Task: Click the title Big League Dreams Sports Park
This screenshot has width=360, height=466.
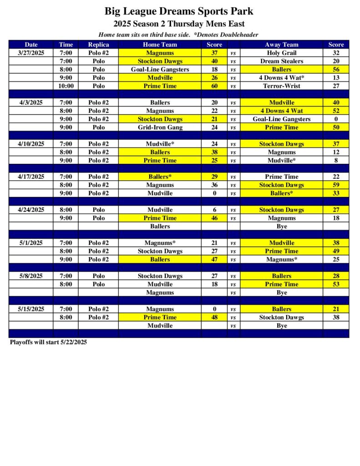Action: pyautogui.click(x=179, y=11)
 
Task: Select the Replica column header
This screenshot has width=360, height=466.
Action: pyautogui.click(x=98, y=45)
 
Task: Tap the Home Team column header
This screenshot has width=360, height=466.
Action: pyautogui.click(x=160, y=45)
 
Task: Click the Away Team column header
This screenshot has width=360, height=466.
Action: pyautogui.click(x=281, y=45)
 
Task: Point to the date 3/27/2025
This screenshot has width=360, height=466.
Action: pyautogui.click(x=31, y=53)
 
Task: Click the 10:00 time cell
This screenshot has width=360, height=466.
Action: pyautogui.click(x=66, y=86)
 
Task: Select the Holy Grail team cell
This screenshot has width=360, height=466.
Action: pyautogui.click(x=281, y=53)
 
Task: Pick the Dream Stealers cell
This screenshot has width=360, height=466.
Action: pyautogui.click(x=281, y=61)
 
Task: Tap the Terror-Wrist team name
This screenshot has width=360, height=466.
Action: pyautogui.click(x=281, y=86)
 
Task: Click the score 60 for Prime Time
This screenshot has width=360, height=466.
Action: pyautogui.click(x=214, y=86)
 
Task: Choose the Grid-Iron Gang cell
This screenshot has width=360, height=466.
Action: pyautogui.click(x=160, y=127)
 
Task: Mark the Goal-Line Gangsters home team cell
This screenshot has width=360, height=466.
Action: pyautogui.click(x=160, y=70)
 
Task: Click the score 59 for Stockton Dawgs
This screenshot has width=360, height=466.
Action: pyautogui.click(x=336, y=185)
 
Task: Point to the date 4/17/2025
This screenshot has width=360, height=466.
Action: pyautogui.click(x=31, y=177)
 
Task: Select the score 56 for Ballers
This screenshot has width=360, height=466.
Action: pyautogui.click(x=336, y=70)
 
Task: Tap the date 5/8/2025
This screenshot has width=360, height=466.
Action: pyautogui.click(x=31, y=276)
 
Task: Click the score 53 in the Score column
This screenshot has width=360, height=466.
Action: pyautogui.click(x=336, y=284)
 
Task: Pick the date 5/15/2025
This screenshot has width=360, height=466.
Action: pyautogui.click(x=31, y=309)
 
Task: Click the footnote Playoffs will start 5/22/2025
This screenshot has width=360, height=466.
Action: pyautogui.click(x=48, y=342)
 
